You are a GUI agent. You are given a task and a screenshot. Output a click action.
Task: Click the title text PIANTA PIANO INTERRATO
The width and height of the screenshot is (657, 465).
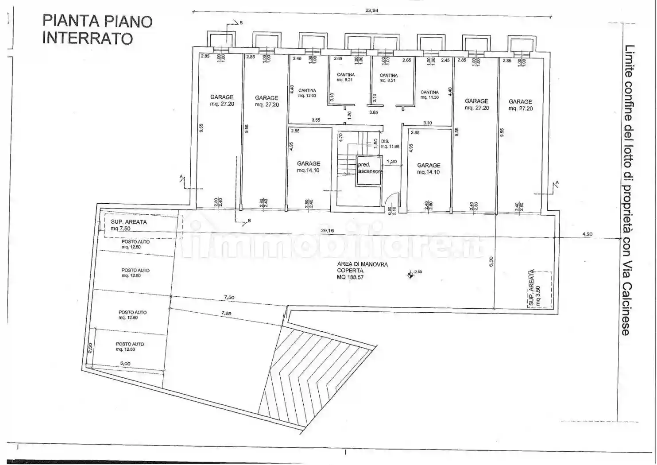(x=97, y=29)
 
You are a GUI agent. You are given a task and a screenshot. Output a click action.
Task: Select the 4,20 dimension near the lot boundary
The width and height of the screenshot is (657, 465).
(x=587, y=234)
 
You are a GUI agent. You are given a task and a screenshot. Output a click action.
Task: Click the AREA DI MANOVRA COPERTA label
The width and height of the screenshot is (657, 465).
(x=356, y=271)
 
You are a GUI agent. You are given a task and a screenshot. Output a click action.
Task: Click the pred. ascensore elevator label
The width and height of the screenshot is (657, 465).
(x=369, y=168)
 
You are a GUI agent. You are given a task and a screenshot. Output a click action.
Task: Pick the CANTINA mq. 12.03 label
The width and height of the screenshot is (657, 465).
(x=307, y=93)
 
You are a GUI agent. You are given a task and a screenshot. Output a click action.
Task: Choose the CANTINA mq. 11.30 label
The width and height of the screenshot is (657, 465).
(x=429, y=95)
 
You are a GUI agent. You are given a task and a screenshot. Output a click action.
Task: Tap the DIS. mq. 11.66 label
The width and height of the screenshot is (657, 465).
(x=390, y=143)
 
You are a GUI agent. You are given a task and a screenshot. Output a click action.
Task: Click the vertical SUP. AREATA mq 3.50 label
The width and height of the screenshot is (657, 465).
(x=534, y=288)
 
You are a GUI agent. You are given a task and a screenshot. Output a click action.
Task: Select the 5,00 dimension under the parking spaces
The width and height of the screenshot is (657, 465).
(x=125, y=364)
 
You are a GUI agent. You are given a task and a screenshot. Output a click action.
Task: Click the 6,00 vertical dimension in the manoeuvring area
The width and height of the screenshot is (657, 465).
(x=491, y=262)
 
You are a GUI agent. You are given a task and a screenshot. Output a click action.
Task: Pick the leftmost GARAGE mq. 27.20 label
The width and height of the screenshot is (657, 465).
(x=222, y=101)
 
